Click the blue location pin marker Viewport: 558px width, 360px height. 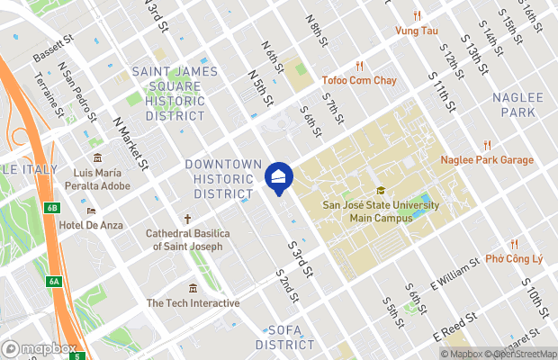[280, 178]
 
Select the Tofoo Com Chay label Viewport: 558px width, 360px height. [358, 80]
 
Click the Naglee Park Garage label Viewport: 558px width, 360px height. [487, 159]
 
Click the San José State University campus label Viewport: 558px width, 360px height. [381, 210]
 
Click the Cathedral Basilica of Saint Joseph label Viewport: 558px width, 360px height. [188, 238]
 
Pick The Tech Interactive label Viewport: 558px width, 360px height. [193, 303]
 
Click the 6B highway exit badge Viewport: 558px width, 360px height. [51, 208]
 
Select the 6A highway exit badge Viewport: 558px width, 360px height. [54, 282]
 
